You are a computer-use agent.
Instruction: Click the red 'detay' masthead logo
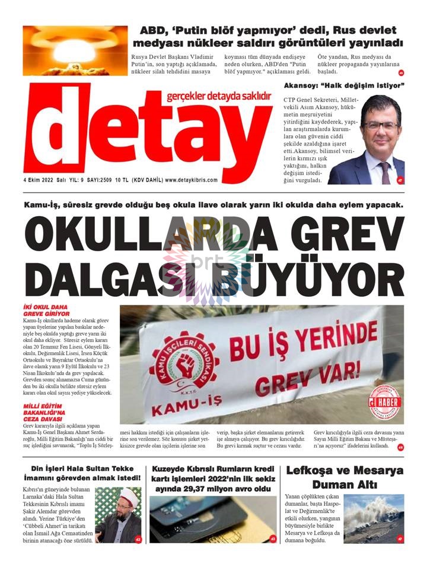click(x=147, y=134)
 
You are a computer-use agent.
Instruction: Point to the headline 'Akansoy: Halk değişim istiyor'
click(x=344, y=86)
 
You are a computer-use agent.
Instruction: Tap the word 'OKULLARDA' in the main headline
click(x=136, y=235)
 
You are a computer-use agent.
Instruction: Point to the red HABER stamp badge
click(x=384, y=404)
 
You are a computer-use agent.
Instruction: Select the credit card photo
click(x=213, y=520)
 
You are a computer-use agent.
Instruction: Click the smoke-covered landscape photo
click(x=374, y=518)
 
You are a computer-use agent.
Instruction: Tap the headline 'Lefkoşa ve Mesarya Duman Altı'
click(x=345, y=477)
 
